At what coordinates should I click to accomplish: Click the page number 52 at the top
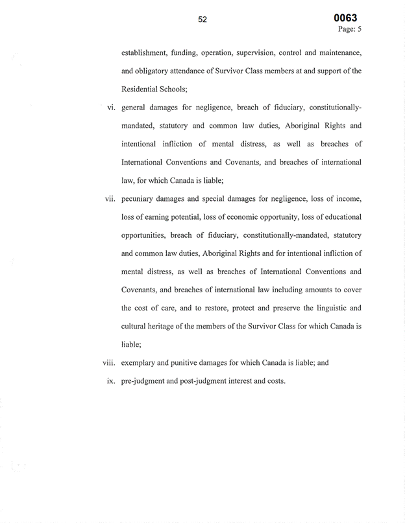202,20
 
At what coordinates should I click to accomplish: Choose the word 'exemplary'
141,363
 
